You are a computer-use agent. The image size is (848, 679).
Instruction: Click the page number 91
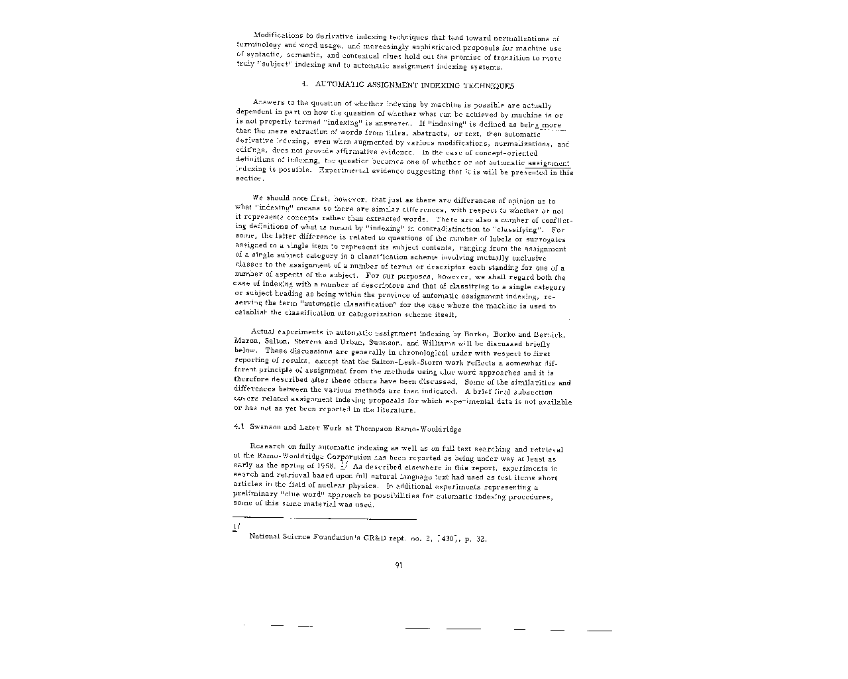coord(399,565)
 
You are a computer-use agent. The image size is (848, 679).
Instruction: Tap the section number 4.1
coord(240,428)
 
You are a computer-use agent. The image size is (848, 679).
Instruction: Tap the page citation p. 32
coord(476,538)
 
